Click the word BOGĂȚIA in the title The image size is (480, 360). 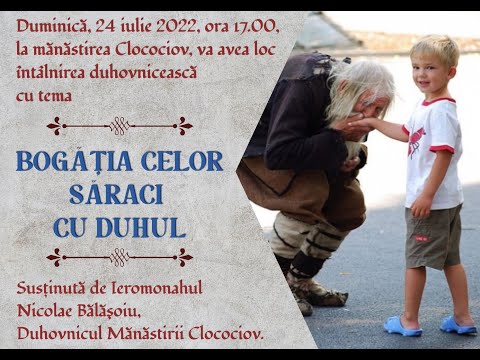[x=77, y=161]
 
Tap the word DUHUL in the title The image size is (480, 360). [x=147, y=226]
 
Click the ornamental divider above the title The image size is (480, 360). [x=120, y=126]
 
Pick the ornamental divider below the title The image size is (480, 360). [x=120, y=257]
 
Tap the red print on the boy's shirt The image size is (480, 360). [x=418, y=139]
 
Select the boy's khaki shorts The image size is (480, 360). [x=434, y=235]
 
